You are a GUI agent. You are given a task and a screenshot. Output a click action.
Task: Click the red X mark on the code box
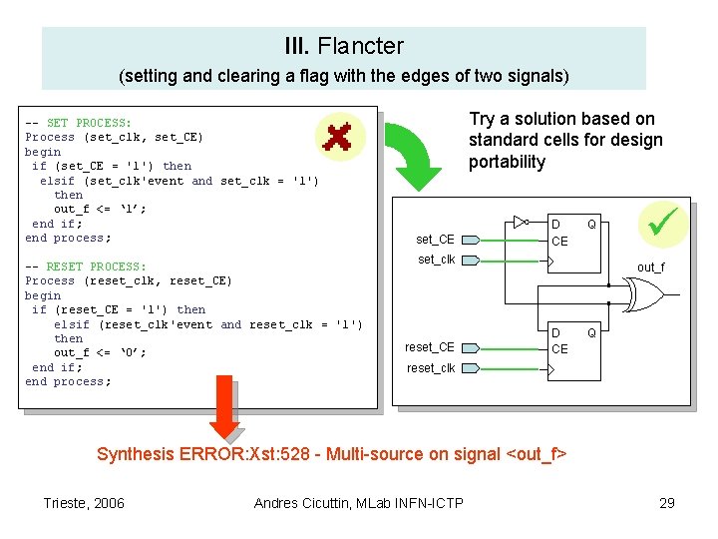339,137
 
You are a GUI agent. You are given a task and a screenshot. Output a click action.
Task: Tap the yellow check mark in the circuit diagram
662,222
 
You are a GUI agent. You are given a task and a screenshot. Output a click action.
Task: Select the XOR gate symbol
643,294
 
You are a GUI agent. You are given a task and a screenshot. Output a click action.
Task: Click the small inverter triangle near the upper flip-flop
520,222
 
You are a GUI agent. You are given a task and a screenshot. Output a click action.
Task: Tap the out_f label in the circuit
651,268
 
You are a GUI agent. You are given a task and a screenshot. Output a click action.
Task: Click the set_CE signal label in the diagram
435,240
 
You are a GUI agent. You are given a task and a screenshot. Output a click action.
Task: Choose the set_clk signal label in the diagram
437,260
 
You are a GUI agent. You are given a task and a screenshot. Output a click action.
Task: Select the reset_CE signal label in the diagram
430,347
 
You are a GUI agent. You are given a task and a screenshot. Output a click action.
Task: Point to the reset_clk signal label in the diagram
431,368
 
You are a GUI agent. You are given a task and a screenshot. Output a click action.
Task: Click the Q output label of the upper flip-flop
591,225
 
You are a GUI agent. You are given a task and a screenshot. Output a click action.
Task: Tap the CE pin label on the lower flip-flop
559,349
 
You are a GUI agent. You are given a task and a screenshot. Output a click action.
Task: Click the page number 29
667,503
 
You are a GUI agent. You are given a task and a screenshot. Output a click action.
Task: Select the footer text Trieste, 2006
85,503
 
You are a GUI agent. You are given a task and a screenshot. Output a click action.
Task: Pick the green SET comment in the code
91,123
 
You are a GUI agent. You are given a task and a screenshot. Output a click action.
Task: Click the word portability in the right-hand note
507,163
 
